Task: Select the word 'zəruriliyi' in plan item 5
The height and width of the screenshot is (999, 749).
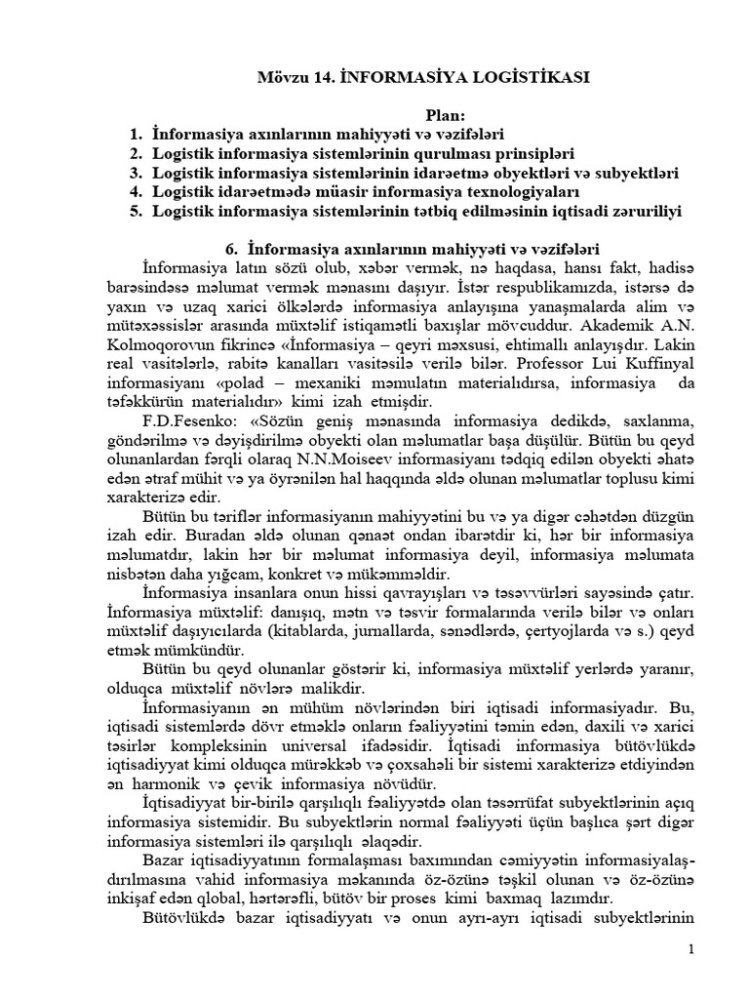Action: tap(639, 211)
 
